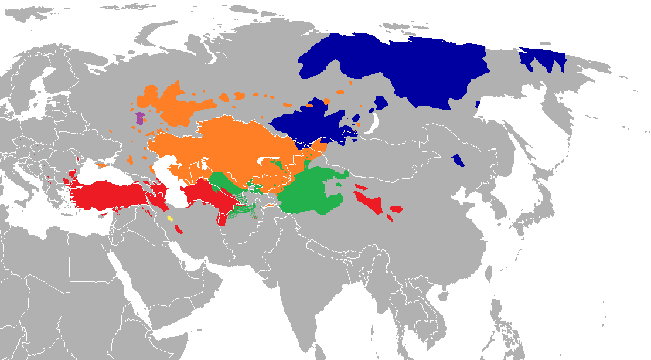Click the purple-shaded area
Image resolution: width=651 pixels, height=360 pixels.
click(x=140, y=118)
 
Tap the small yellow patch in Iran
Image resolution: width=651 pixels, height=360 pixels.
click(x=170, y=219)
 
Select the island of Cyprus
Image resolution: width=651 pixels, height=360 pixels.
click(x=105, y=215)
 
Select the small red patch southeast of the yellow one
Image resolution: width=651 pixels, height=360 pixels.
click(x=179, y=229)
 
